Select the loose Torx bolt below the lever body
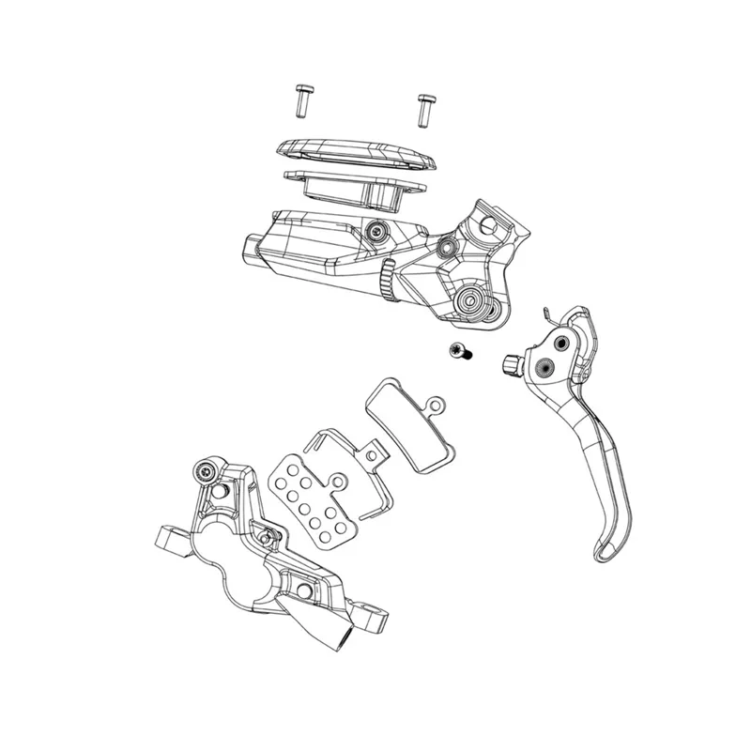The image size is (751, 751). coord(459,352)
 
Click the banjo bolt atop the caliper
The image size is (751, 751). coord(207,469)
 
